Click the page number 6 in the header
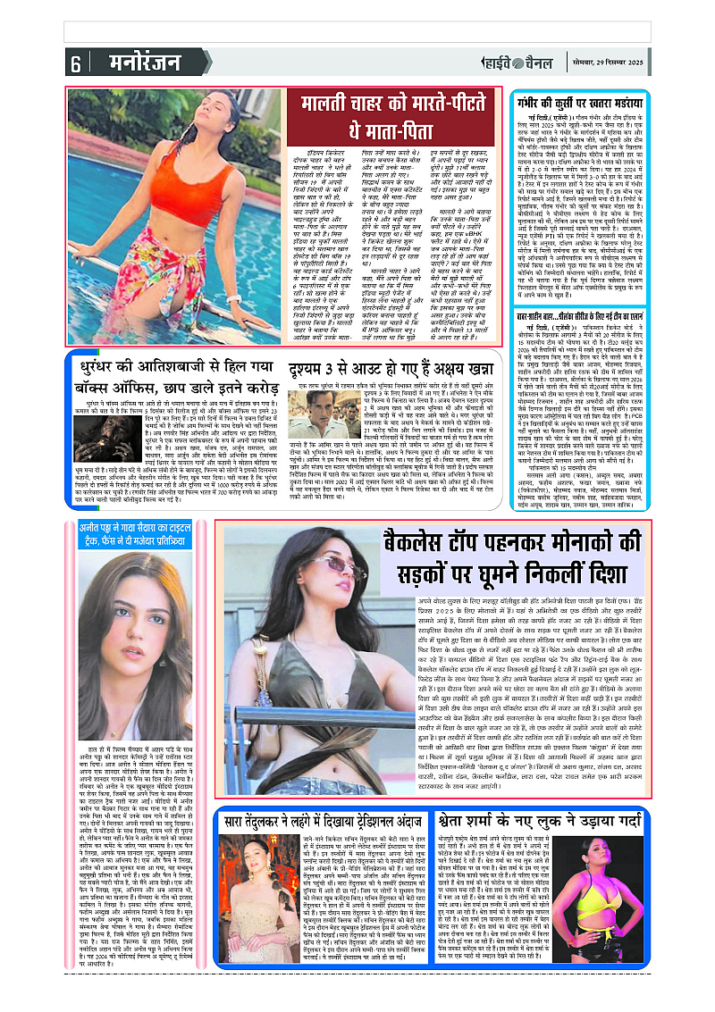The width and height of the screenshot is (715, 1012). (x=76, y=63)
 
